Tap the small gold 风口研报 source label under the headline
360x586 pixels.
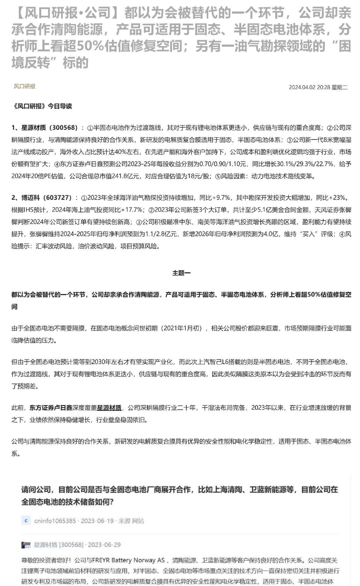tap(24, 87)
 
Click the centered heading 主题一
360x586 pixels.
tap(181, 273)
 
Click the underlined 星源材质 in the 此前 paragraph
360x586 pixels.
tap(109, 408)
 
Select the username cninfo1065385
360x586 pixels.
tap(55, 521)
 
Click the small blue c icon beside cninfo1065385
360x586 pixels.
tap(25, 521)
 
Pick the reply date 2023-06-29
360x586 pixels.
tap(104, 545)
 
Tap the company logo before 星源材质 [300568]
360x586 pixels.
tap(26, 545)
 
